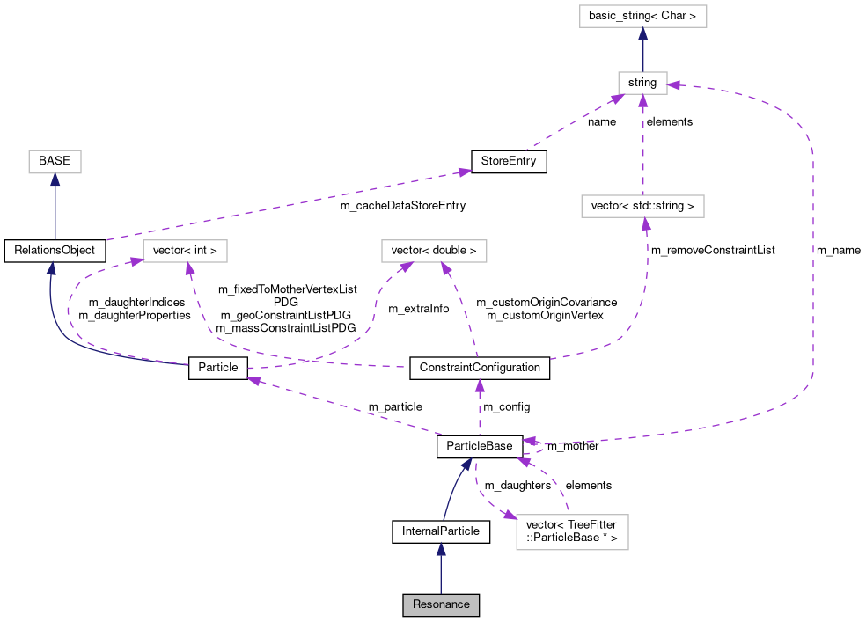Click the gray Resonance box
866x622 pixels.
(441, 605)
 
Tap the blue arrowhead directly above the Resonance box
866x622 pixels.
(441, 549)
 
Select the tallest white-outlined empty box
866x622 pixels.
(572, 532)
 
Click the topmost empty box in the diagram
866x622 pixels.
(642, 17)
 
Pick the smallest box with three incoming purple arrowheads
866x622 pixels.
(642, 83)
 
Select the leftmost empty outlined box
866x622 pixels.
(55, 162)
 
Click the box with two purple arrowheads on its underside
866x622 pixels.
(434, 251)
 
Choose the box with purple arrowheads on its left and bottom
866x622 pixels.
(185, 251)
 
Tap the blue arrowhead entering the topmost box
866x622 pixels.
(642, 34)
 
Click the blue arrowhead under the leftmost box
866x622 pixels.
(55, 179)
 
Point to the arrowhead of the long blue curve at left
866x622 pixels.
(51, 267)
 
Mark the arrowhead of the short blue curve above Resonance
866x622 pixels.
(467, 463)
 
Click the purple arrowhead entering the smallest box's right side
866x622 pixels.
(673, 85)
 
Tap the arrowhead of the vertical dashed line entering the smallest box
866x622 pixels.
(642, 100)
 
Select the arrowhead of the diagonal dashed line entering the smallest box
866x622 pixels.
(617, 99)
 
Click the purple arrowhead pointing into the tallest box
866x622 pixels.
(510, 516)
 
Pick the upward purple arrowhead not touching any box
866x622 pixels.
(480, 385)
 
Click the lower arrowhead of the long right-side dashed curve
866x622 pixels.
(529, 442)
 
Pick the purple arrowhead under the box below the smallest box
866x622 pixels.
(646, 224)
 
